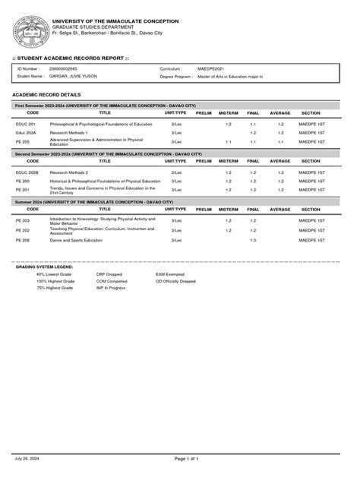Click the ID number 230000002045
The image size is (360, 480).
click(x=63, y=68)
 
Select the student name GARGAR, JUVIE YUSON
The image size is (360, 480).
click(x=73, y=76)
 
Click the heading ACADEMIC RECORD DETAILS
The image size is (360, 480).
click(x=46, y=94)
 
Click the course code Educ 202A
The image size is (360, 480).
click(x=27, y=132)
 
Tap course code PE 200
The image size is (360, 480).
click(x=23, y=182)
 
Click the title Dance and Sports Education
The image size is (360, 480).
click(x=76, y=240)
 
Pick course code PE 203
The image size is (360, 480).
click(x=23, y=220)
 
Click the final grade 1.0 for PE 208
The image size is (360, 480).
click(x=253, y=240)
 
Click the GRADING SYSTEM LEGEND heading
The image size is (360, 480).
click(x=44, y=267)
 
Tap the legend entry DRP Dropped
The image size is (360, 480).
click(x=110, y=274)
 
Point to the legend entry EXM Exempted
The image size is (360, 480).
click(x=170, y=274)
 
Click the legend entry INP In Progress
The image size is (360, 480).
click(x=111, y=288)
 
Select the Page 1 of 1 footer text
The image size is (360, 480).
click(x=186, y=459)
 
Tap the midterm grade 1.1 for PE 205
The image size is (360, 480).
click(x=228, y=141)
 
